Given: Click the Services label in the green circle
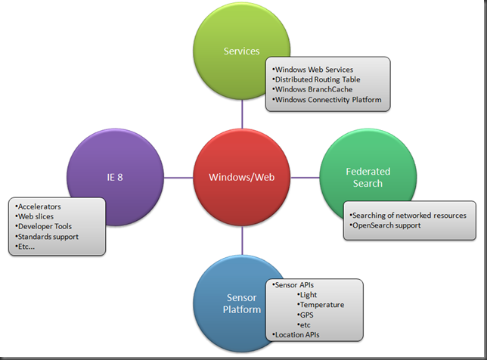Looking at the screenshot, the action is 242,51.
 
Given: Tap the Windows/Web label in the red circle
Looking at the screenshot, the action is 242,177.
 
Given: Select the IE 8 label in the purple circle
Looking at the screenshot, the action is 115,177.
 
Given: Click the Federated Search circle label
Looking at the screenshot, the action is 368,178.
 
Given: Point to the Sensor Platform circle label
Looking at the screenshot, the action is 242,303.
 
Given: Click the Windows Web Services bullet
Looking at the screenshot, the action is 313,70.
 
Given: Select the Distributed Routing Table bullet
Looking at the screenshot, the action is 316,79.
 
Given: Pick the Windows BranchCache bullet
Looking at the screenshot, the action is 312,89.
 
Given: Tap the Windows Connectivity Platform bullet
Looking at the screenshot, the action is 327,100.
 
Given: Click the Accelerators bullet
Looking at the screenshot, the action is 38,206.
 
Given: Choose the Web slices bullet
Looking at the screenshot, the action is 34,216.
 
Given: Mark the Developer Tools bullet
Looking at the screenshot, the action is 44,226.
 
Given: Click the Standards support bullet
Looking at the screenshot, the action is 47,237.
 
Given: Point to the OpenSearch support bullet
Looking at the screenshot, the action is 385,225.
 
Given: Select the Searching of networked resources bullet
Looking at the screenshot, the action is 408,216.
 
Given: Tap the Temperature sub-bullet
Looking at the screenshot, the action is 321,305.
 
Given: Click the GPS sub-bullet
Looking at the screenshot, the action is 306,315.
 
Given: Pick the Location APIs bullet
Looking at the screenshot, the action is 296,335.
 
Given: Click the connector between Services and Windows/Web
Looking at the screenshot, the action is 242,114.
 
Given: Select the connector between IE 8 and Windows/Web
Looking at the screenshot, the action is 178,178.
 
